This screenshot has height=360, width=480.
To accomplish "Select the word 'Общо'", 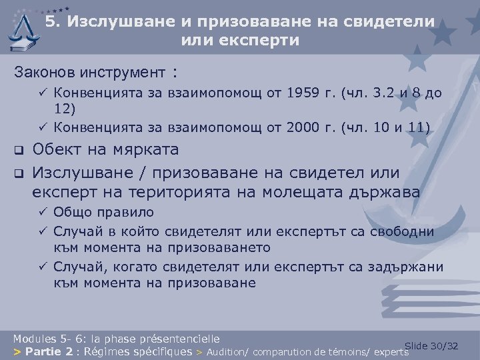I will click(71, 213).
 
